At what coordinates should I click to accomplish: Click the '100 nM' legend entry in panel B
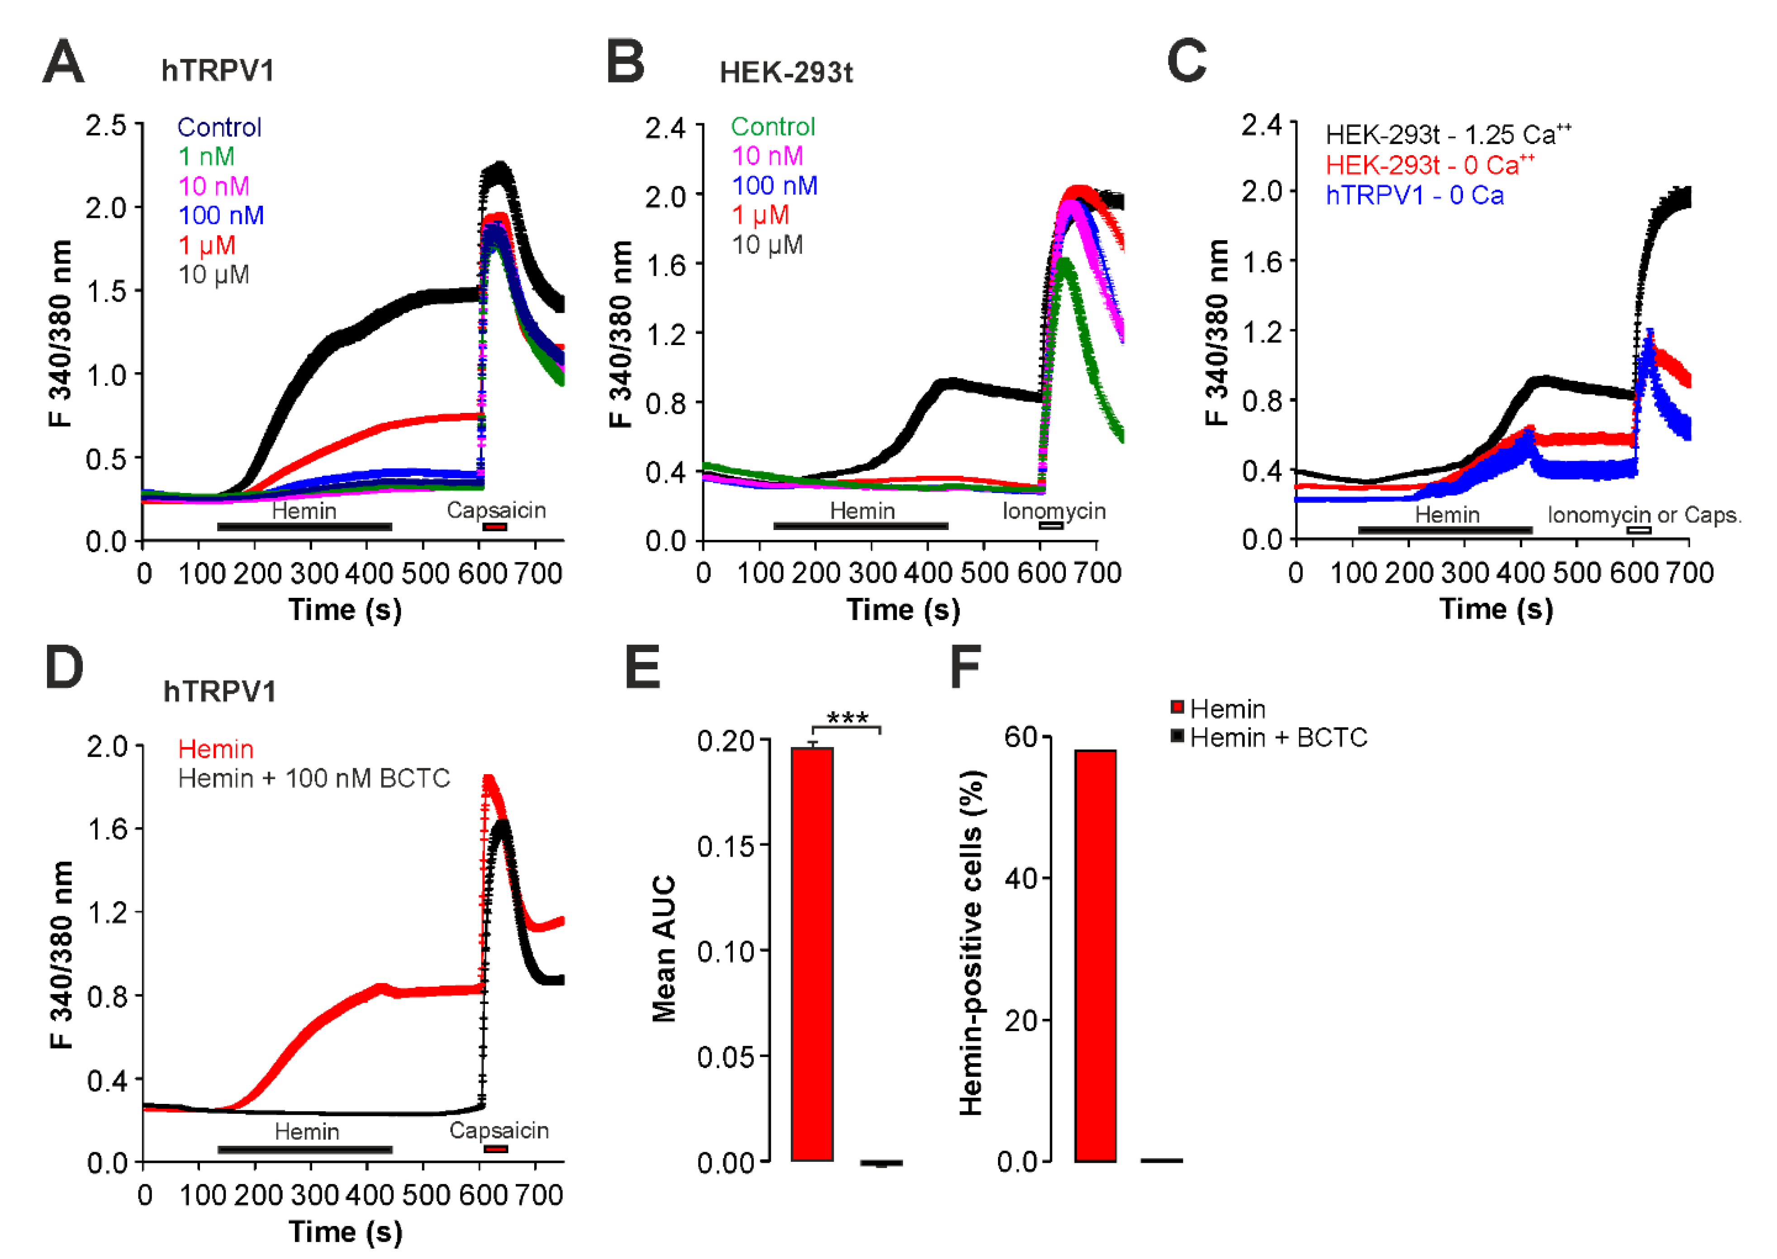[774, 186]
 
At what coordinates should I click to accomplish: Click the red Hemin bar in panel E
[812, 954]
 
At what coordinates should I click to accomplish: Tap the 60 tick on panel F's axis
[1022, 737]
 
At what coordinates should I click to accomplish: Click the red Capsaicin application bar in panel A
[494, 527]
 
